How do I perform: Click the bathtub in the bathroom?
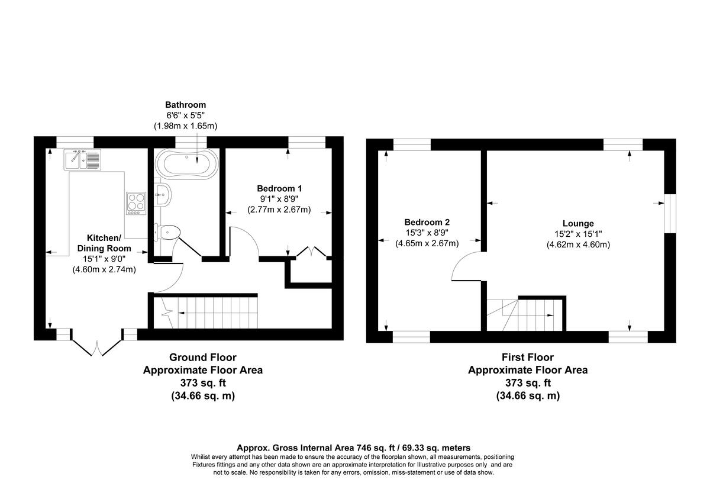tap(186, 163)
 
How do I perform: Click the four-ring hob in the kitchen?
tap(135, 203)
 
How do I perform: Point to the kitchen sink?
tap(82, 159)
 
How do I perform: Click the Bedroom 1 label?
tap(279, 188)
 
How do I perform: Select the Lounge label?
tap(578, 223)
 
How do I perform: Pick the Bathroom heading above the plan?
tap(185, 104)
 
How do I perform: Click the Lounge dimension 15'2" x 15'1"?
tap(578, 234)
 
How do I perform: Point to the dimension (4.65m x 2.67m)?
tap(427, 243)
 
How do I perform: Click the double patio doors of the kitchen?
tap(96, 346)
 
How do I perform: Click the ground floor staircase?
tap(216, 312)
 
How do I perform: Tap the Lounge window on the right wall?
tap(669, 213)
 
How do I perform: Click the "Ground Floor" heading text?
tap(202, 358)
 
